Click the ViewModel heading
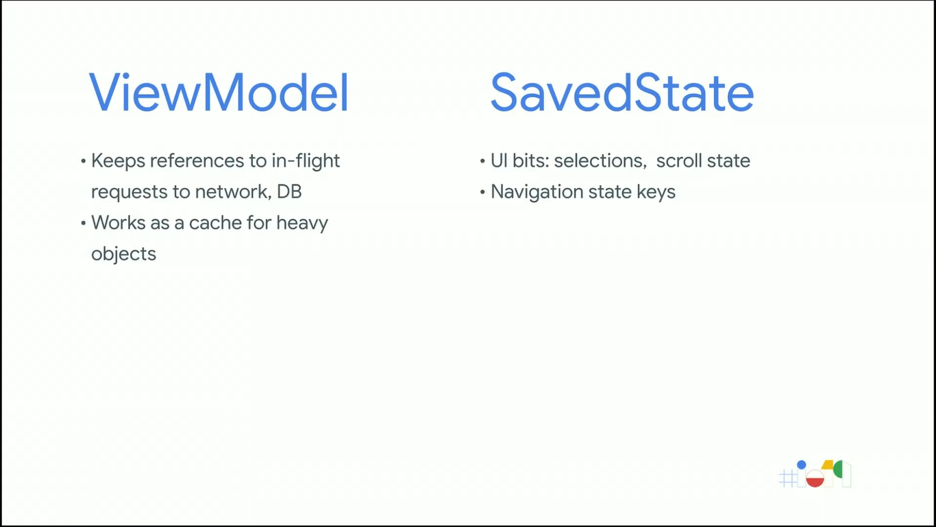[219, 92]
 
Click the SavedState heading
[621, 92]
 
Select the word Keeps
[119, 161]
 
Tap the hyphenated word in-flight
[306, 161]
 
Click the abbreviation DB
[289, 192]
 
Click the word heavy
[302, 224]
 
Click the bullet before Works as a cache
[84, 223]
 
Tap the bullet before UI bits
[482, 161]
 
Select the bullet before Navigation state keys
[482, 192]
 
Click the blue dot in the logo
[802, 465]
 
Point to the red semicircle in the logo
[815, 482]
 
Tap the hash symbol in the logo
[788, 478]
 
